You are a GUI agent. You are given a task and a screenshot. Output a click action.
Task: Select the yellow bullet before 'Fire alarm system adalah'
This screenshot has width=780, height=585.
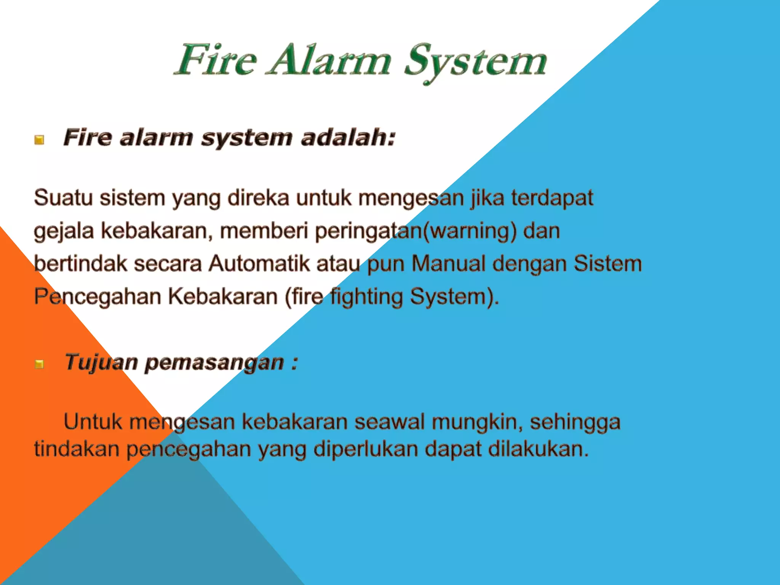(39, 140)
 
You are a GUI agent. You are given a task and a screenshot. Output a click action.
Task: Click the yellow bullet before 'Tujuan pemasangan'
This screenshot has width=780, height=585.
(39, 364)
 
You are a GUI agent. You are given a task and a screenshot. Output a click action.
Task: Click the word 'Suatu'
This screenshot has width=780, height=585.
(63, 198)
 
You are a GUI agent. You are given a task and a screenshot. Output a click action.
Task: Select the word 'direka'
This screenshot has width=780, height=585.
(259, 198)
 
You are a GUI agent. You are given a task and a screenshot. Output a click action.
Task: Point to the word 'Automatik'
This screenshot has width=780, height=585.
(259, 264)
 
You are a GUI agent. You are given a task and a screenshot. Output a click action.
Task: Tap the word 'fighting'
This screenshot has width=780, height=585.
(366, 297)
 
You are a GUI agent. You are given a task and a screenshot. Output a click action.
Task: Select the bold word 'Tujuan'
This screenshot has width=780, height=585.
(101, 362)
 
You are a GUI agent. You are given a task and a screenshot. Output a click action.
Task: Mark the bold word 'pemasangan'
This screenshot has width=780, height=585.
(214, 363)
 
